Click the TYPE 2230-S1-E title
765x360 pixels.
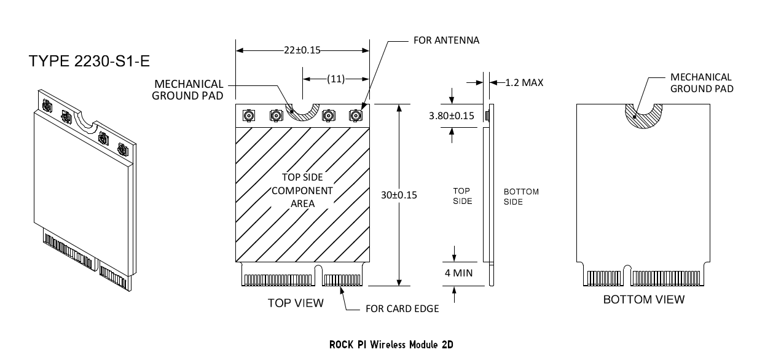click(89, 61)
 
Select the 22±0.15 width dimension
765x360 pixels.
click(302, 50)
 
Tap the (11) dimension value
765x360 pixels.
click(335, 79)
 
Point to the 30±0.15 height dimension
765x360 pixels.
click(399, 195)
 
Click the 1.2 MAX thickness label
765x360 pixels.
click(524, 82)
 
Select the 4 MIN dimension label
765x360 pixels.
click(458, 272)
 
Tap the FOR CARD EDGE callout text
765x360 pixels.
click(402, 308)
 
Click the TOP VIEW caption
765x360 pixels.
click(296, 303)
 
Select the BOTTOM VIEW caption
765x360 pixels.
click(643, 300)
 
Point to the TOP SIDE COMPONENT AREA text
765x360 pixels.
click(302, 190)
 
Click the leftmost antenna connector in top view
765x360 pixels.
click(250, 115)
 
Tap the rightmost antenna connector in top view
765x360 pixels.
click(355, 115)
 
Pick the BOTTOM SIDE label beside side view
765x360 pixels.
click(521, 197)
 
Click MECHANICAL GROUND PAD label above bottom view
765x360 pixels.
click(701, 83)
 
